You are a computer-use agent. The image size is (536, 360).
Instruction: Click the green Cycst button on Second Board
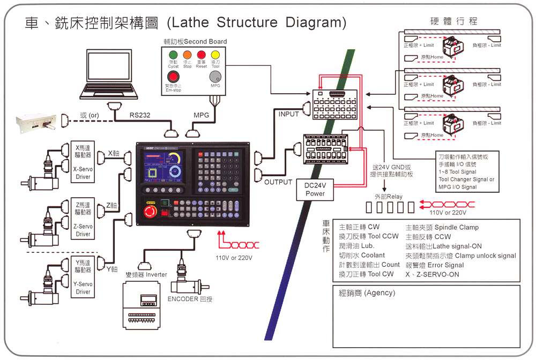pos(173,55)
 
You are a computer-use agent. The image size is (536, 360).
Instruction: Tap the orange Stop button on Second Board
pos(187,55)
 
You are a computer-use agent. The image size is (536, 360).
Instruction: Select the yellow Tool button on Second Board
pos(215,55)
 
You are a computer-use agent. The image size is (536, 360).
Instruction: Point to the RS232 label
pos(141,115)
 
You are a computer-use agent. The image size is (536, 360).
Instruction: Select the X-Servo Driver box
pos(83,160)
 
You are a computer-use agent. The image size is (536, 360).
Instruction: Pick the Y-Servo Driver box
pos(83,276)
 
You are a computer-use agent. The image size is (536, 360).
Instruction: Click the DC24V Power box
pos(315,190)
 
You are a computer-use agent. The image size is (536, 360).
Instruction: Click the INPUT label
pos(289,114)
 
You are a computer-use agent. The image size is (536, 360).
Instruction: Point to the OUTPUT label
pos(278,182)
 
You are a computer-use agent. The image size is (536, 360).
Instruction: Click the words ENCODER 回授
pos(190,299)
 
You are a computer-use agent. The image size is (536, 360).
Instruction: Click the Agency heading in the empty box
pos(367,293)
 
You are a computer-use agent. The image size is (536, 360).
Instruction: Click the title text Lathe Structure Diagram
pos(257,23)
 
